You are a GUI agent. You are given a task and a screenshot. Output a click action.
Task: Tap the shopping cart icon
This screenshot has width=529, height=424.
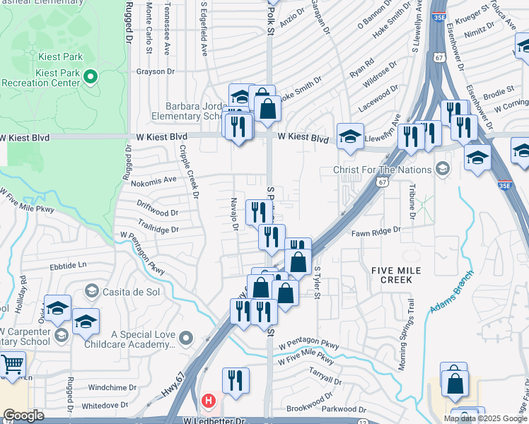pyautogui.click(x=12, y=365)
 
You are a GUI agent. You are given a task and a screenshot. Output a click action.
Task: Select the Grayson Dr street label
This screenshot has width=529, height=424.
pyautogui.click(x=155, y=71)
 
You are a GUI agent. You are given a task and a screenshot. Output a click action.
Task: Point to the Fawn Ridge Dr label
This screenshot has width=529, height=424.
pyautogui.click(x=377, y=230)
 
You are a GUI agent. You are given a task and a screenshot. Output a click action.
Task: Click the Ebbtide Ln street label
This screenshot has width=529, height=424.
pyautogui.click(x=67, y=266)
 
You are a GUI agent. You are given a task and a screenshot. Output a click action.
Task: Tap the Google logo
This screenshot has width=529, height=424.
pyautogui.click(x=23, y=416)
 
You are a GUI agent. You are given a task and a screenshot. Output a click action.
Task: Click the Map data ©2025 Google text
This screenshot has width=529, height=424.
pyautogui.click(x=485, y=418)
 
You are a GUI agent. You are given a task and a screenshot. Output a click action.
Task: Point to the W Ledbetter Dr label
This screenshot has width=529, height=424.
pyautogui.click(x=211, y=420)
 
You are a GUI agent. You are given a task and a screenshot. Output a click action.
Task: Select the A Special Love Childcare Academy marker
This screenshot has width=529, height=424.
pyautogui.click(x=186, y=338)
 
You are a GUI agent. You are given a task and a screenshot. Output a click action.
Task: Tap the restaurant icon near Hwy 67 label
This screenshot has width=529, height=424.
pyautogui.click(x=236, y=380)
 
